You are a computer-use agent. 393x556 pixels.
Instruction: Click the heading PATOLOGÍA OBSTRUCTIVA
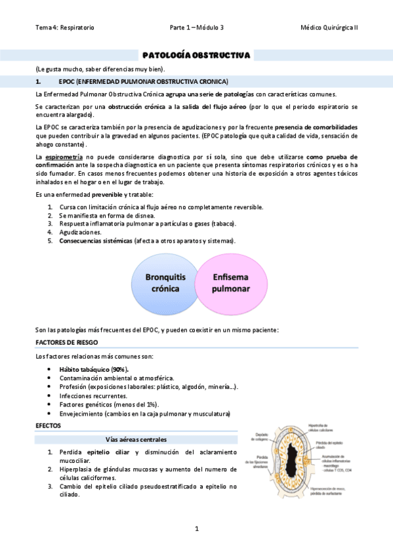pos(196,56)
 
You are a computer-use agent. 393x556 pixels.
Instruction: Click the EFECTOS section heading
pos(48,426)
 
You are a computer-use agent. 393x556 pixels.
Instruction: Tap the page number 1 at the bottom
pos(196,528)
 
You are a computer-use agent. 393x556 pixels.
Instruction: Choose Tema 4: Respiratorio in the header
pos(65,28)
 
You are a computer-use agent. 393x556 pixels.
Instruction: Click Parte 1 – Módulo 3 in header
pos(196,28)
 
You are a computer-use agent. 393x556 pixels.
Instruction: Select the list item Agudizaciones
pos(79,232)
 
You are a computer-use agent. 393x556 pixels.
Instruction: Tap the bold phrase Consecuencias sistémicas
pos(94,241)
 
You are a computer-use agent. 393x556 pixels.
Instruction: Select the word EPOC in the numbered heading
pos(65,82)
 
